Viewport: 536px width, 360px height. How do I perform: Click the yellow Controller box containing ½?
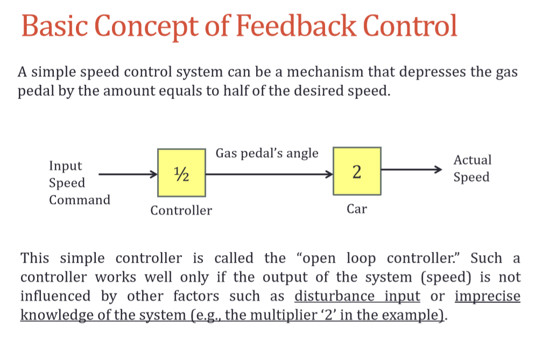pos(181,172)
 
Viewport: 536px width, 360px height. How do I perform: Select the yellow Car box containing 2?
pos(357,171)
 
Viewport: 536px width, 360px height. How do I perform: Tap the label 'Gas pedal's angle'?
pos(267,153)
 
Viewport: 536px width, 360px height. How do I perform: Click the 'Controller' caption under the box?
pos(181,210)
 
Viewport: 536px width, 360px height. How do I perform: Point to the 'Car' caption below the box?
pos(357,209)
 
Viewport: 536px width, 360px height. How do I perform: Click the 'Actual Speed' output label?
pos(472,168)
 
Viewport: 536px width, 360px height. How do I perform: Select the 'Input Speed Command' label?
pos(79,183)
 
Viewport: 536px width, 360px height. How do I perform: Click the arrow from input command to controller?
pos(127,174)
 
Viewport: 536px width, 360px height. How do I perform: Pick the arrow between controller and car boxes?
pos(269,174)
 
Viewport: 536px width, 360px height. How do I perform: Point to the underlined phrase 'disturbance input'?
pos(357,296)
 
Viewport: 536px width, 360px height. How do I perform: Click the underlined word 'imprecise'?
pos(488,296)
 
